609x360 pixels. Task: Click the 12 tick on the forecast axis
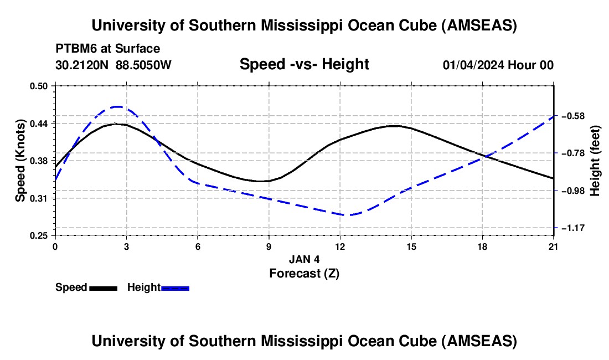340,246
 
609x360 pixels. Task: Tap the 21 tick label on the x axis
554,246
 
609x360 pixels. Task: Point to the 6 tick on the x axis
198,246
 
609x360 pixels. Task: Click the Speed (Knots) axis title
20,161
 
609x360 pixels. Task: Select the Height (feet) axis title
596,161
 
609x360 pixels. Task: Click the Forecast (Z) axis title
304,273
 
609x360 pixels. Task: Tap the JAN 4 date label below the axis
304,259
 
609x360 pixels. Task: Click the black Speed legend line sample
103,288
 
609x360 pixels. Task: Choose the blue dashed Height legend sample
176,288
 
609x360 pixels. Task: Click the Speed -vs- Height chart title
304,65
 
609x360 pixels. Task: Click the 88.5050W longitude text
143,65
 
